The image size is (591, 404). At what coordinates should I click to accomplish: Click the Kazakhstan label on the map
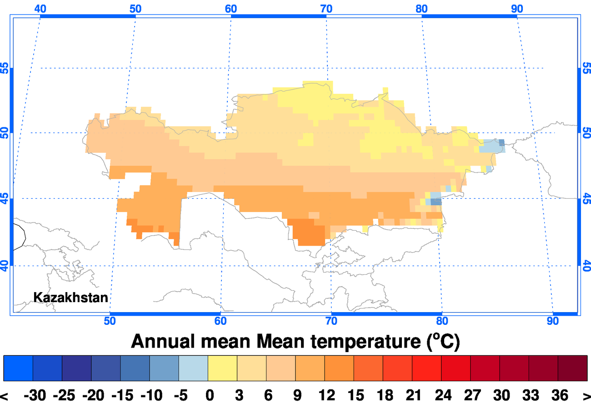71,298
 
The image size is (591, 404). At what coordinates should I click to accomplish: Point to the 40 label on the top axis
40,9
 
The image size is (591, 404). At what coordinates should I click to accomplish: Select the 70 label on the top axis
326,9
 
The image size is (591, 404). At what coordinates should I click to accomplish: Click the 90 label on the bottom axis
553,321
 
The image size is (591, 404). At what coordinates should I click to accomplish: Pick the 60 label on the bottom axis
220,321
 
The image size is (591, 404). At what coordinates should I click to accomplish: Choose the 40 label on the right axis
586,265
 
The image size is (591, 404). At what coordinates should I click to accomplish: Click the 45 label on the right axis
586,199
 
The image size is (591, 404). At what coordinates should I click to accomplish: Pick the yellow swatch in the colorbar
222,368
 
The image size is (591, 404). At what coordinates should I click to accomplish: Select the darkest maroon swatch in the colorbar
572,368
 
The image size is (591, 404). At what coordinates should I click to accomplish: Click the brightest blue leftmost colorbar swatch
18,368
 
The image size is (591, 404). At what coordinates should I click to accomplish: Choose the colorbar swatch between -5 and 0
193,368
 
